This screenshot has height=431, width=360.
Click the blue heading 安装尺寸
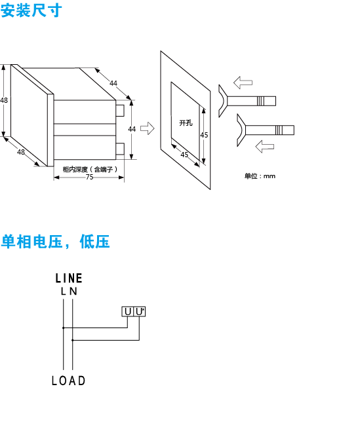tap(31, 10)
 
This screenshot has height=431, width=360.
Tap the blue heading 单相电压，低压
tap(55, 242)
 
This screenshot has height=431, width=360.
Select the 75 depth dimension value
tap(89, 177)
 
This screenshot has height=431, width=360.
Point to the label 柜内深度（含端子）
tap(90, 169)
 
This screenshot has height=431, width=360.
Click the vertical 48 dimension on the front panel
tap(4, 100)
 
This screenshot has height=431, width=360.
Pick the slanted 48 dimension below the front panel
tap(21, 152)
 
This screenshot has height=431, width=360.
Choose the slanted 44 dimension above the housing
tap(113, 83)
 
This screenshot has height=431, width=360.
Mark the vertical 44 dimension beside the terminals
tap(132, 129)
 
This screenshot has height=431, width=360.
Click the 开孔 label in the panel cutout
tap(186, 123)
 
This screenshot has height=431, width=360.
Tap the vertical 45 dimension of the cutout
tap(204, 135)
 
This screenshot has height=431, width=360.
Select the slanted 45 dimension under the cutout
tap(184, 155)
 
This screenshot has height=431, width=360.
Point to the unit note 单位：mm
tap(260, 176)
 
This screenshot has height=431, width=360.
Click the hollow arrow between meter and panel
tap(148, 128)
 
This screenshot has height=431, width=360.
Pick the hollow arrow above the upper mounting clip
tap(243, 83)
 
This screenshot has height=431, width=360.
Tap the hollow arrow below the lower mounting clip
tap(264, 147)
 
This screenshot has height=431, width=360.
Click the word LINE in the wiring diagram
tap(69, 278)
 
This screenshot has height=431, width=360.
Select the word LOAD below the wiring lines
tap(69, 381)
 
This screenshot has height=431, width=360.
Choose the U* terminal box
tap(140, 312)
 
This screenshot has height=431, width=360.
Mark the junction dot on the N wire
tap(73, 341)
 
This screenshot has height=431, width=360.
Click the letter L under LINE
tap(64, 291)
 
